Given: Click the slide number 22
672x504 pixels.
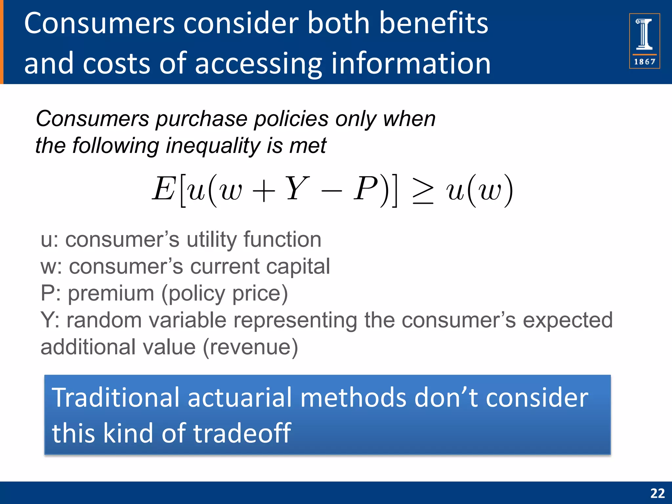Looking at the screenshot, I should pyautogui.click(x=657, y=493).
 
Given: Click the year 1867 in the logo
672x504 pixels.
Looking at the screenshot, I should pyautogui.click(x=644, y=62).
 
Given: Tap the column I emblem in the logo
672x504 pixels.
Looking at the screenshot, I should pyautogui.click(x=644, y=34).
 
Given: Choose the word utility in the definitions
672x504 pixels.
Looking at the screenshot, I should pyautogui.click(x=211, y=240).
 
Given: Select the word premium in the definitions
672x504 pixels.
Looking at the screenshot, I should pyautogui.click(x=111, y=293).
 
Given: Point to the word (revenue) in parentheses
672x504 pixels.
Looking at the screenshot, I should pyautogui.click(x=250, y=347).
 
